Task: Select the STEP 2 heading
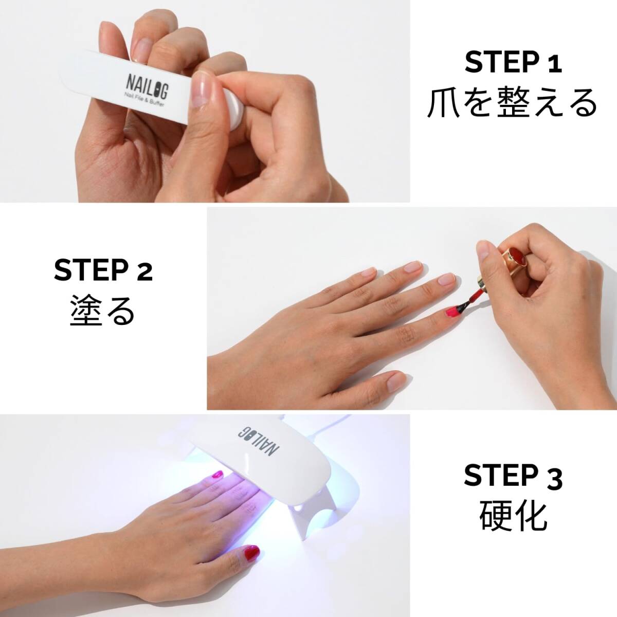point(103,270)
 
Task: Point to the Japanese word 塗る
point(102,311)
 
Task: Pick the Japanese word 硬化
point(513,516)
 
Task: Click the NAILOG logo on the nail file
point(148,86)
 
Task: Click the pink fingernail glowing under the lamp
point(217,475)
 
